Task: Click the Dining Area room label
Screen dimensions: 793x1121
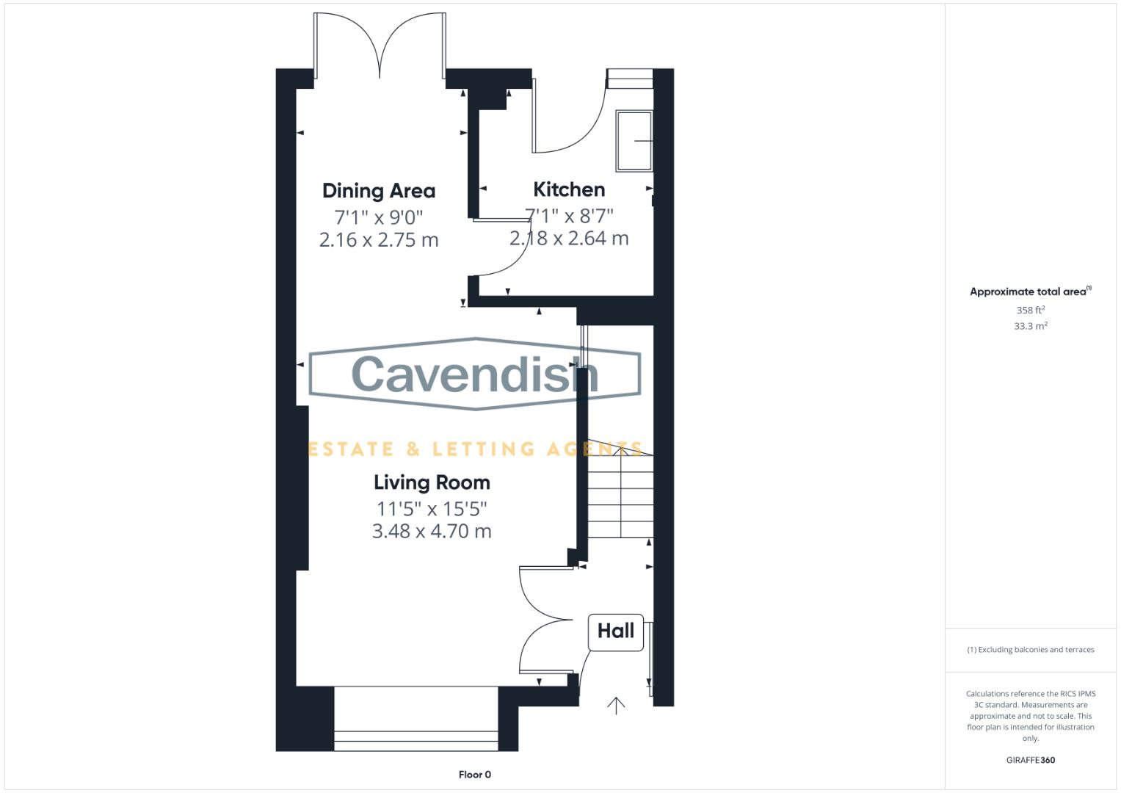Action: point(379,191)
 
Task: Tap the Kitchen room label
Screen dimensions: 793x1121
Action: point(569,189)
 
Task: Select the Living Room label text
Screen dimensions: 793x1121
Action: point(432,482)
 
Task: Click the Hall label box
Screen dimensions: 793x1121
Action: point(616,631)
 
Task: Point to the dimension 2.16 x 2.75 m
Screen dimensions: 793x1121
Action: point(379,240)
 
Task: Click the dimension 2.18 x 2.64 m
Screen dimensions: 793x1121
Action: point(569,239)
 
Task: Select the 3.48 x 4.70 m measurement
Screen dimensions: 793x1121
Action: point(432,532)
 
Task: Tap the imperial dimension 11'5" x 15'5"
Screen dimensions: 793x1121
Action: point(432,508)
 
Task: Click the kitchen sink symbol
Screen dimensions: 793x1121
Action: point(634,141)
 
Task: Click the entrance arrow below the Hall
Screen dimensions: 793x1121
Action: point(616,706)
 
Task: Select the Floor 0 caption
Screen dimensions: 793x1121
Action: point(474,775)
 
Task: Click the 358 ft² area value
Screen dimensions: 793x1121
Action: point(1030,311)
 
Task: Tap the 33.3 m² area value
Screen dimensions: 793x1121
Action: point(1030,326)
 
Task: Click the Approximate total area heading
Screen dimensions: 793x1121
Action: point(1030,292)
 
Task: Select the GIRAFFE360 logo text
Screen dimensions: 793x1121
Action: point(1030,760)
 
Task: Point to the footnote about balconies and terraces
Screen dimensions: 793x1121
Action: point(1030,650)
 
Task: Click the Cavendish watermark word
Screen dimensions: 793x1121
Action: point(474,374)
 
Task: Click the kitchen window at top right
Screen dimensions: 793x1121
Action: point(630,78)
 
